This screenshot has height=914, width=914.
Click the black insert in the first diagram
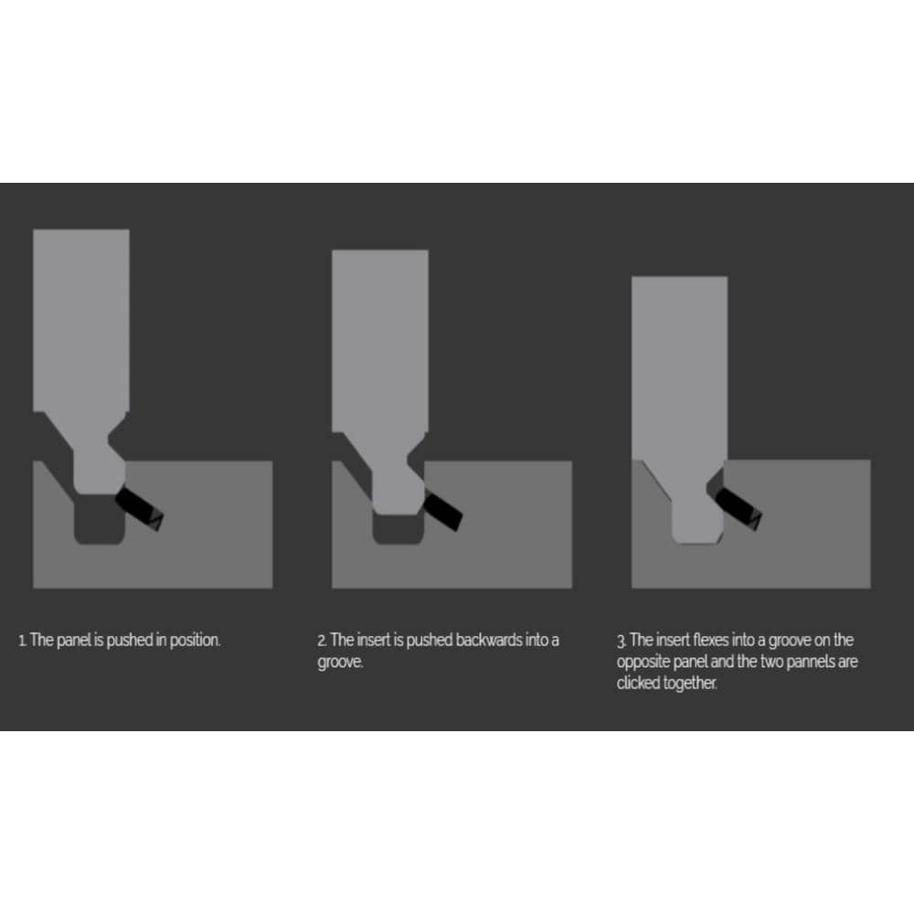(139, 509)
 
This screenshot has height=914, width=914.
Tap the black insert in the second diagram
(443, 510)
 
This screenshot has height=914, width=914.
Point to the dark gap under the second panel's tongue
(398, 529)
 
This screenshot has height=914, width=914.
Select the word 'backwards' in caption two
(488, 640)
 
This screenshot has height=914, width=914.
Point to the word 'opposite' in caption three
(643, 663)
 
